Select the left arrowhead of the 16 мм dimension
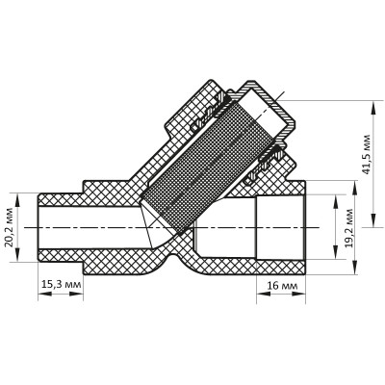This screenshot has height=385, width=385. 259,295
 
